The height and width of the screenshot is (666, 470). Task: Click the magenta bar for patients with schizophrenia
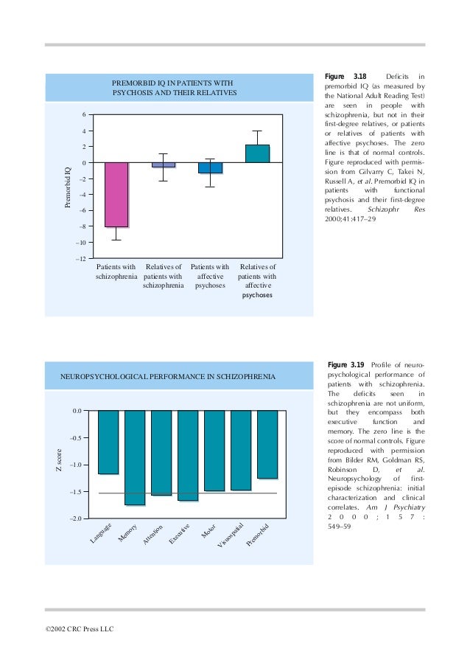pos(116,194)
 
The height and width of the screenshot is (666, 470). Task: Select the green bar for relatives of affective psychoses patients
pos(257,153)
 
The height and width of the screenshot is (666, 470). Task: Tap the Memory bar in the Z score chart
pos(135,457)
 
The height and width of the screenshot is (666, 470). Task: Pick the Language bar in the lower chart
pos(108,442)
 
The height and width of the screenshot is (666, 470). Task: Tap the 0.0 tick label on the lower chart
pos(77,410)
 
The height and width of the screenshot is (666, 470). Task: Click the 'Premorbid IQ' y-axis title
pos(68,187)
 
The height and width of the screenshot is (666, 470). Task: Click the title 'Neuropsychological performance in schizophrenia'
pos(168,377)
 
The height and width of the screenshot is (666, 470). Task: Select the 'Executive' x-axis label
pos(179,535)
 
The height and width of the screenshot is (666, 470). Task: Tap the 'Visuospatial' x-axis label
pos(230,537)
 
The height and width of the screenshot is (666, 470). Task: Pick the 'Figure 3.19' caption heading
pos(344,365)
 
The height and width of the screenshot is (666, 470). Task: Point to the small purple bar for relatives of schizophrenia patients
pos(164,164)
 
